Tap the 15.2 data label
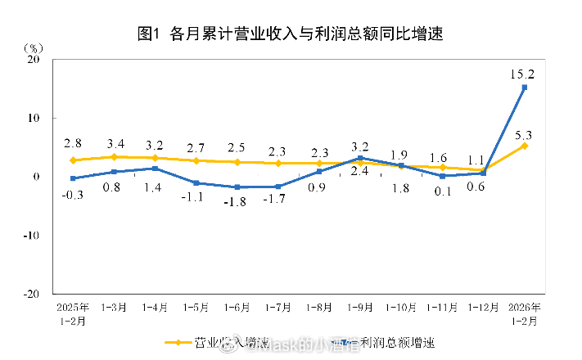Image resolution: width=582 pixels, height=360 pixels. coord(522,74)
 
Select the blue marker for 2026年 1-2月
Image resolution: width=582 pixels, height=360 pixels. coord(524,88)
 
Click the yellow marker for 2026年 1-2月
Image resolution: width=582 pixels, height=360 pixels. coord(524,146)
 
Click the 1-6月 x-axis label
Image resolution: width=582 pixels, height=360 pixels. coord(237,308)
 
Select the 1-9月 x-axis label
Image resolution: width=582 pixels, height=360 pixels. coord(359,308)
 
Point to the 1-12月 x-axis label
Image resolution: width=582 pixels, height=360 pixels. coord(483,308)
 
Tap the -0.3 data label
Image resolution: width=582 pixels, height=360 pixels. coord(74,193)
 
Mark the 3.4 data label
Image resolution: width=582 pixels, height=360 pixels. coord(114,144)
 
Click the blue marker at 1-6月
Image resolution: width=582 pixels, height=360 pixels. coord(237,187)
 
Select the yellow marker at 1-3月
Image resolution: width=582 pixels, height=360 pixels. coord(114,156)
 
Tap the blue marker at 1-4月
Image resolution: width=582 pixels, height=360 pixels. coord(155,169)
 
